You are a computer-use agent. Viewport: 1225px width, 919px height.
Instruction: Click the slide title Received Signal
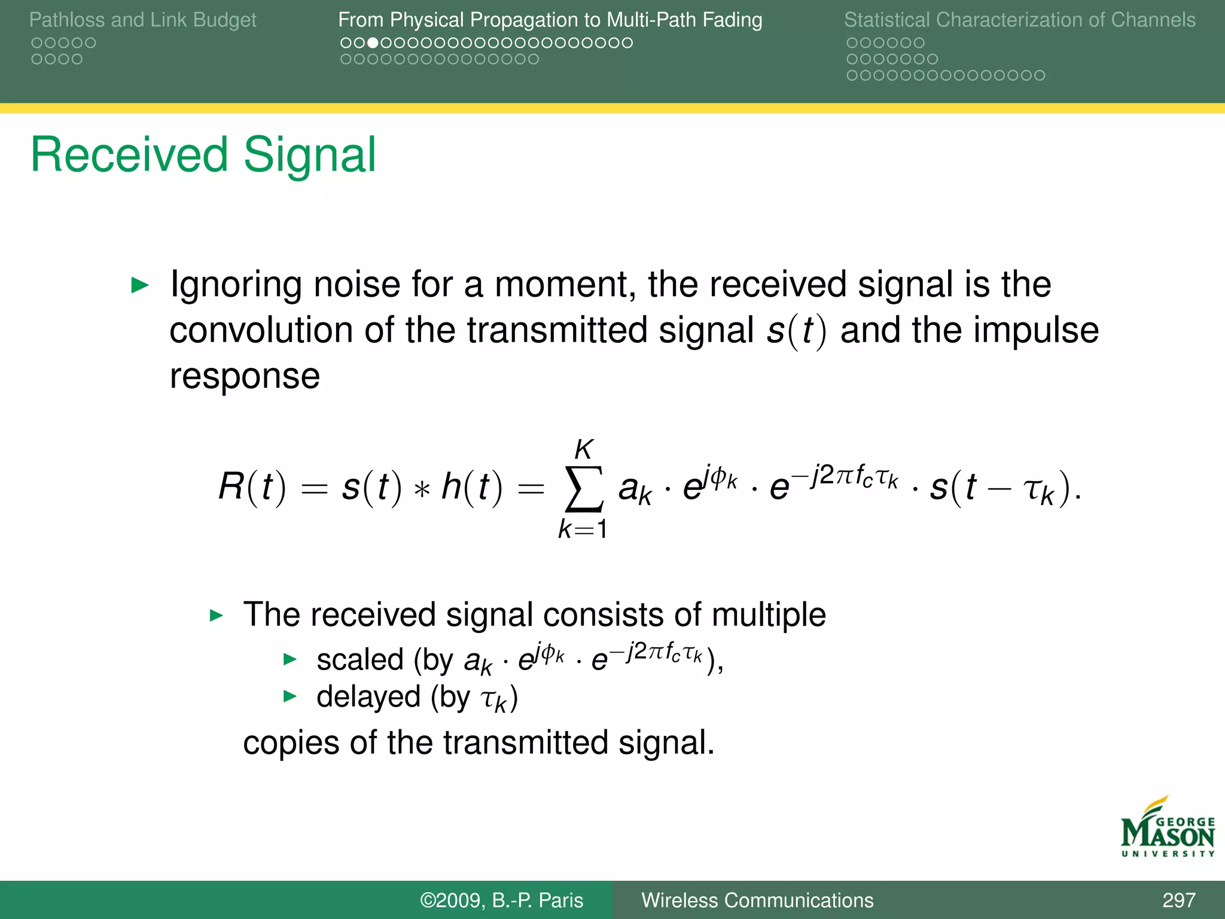[203, 155]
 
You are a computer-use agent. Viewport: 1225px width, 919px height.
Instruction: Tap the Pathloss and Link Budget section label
[142, 20]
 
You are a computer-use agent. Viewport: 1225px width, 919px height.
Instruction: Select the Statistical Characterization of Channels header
[1019, 20]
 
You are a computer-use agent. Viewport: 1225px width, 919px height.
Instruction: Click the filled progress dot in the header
[372, 43]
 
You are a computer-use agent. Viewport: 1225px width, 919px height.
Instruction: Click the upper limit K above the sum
[584, 449]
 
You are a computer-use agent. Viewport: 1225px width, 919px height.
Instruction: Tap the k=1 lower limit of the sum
[583, 530]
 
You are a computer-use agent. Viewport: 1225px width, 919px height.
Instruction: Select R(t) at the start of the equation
[252, 486]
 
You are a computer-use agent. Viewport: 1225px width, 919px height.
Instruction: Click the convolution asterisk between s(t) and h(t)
[422, 489]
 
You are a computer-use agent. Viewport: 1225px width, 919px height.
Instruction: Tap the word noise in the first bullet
[356, 284]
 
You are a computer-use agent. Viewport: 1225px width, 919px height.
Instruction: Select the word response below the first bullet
[245, 376]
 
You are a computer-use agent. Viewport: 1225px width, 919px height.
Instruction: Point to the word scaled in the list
[360, 660]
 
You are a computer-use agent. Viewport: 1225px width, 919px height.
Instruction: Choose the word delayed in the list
[368, 697]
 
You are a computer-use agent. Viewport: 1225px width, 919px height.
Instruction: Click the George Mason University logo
[1167, 828]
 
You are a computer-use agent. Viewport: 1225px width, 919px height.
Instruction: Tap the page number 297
[1178, 900]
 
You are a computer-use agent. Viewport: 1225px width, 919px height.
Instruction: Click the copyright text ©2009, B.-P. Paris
[501, 900]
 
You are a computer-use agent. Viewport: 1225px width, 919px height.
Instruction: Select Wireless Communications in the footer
[757, 900]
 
